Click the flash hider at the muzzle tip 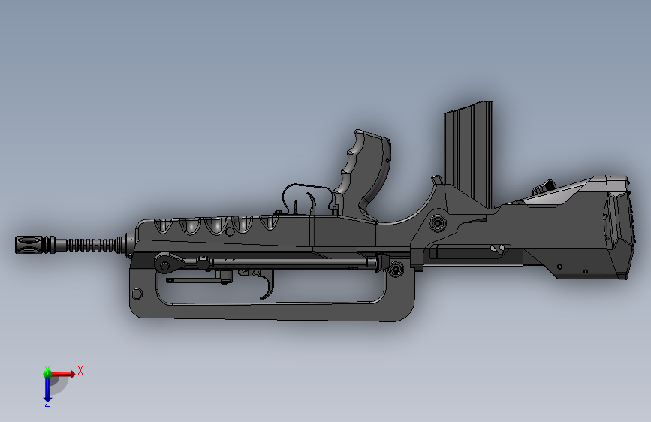[x=29, y=245]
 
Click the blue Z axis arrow [x=47, y=389]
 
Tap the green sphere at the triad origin [x=47, y=372]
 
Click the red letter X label [x=80, y=370]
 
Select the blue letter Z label [x=47, y=404]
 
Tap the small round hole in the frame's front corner [x=137, y=292]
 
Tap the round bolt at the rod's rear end [x=396, y=267]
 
